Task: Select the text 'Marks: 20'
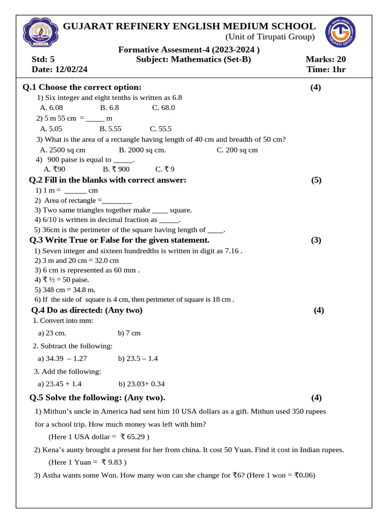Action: pyautogui.click(x=325, y=60)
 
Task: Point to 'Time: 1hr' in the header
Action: pyautogui.click(x=326, y=69)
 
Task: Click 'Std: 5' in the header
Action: pyautogui.click(x=43, y=60)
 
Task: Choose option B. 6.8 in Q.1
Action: pyautogui.click(x=110, y=108)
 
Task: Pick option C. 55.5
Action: pyautogui.click(x=161, y=129)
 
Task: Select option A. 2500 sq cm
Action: pyautogui.click(x=63, y=150)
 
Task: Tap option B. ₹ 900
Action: pyautogui.click(x=116, y=169)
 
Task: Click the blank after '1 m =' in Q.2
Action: pyautogui.click(x=75, y=191)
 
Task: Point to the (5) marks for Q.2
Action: pyautogui.click(x=316, y=180)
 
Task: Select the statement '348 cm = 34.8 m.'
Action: pyautogui.click(x=65, y=289)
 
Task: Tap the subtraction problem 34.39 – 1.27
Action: pyautogui.click(x=62, y=358)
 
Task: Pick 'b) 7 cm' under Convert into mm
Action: pyautogui.click(x=129, y=333)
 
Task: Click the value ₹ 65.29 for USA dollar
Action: pyautogui.click(x=133, y=436)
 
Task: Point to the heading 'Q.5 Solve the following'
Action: pyautogui.click(x=97, y=397)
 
